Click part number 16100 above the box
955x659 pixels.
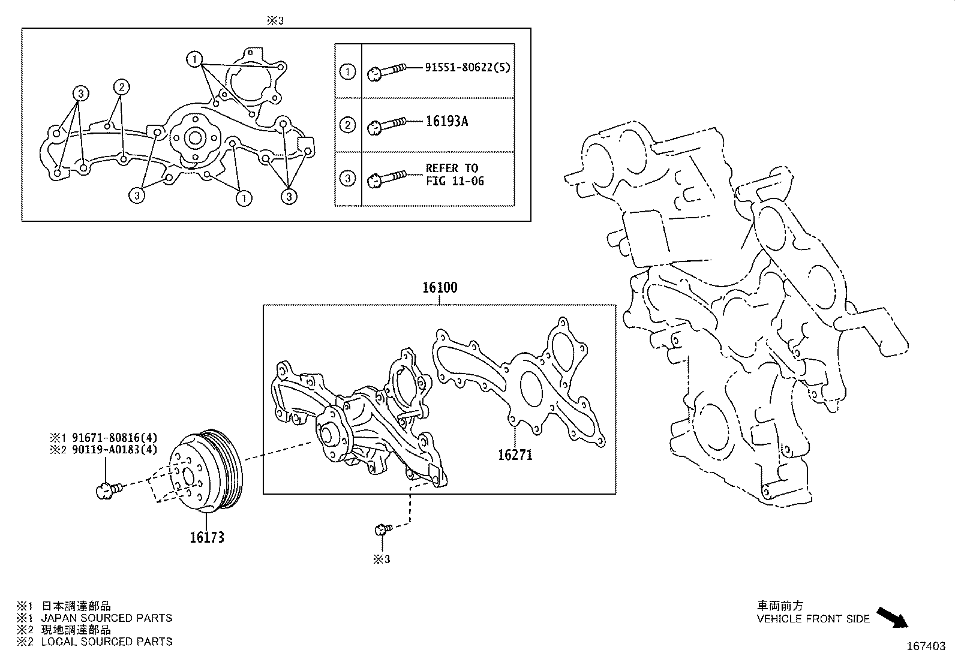pos(439,288)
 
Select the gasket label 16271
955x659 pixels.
pos(515,455)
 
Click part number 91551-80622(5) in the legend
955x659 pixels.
pos(467,68)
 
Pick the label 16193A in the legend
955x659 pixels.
pos(446,122)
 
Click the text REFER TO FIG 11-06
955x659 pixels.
pos(454,174)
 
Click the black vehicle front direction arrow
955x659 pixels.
pos(893,617)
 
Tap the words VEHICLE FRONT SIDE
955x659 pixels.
pos(813,619)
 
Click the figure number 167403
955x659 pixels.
pos(925,646)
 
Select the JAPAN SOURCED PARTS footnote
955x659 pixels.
pos(106,618)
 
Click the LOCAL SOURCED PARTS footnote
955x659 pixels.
pos(106,642)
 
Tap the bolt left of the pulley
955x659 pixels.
pos(108,491)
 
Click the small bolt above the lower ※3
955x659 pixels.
pos(382,529)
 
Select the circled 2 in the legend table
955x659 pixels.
pos(347,125)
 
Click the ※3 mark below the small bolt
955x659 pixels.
pos(382,559)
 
